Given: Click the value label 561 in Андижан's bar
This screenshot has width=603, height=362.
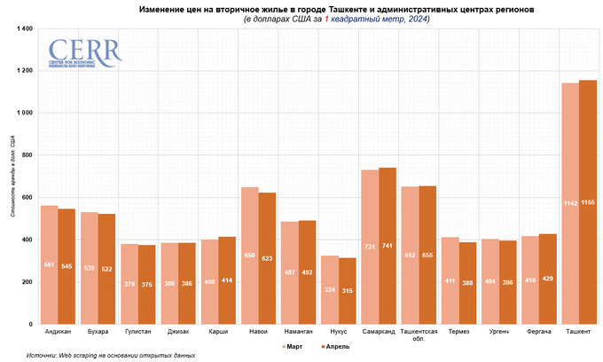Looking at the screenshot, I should [51, 264].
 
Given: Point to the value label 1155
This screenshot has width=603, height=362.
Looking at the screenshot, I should [588, 203].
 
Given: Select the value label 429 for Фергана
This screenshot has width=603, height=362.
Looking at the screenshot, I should [548, 279].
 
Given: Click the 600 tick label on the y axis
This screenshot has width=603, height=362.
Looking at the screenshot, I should [26, 198].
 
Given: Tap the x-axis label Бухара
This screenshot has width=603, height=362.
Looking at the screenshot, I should [98, 332].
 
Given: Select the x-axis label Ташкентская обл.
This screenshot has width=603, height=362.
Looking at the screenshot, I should [419, 335].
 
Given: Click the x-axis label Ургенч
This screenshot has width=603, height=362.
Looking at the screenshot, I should [499, 332].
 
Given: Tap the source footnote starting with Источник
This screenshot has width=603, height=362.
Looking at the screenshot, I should [110, 355].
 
